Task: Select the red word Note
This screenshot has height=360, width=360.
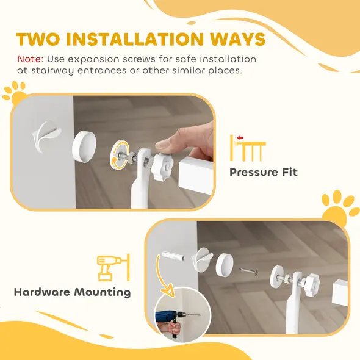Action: pos(29,60)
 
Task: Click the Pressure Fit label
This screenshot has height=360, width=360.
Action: pos(263,172)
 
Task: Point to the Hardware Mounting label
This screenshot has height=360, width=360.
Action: pos(72,292)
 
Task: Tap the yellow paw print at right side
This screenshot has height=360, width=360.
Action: pos(339,207)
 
